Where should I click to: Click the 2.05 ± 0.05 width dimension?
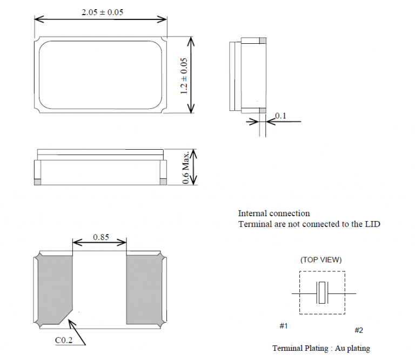coord(102,12)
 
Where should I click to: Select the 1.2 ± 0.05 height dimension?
coord(184,76)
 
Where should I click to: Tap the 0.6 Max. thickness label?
coord(186,167)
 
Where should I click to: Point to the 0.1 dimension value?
coord(280,116)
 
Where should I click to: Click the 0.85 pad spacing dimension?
coord(101,237)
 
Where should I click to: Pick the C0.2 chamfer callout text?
coord(64,340)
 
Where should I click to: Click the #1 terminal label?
coord(284,326)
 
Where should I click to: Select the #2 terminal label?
coord(359,330)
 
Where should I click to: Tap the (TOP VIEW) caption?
coord(321,259)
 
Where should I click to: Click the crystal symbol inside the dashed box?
coord(322,293)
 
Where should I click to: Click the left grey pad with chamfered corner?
coord(55,289)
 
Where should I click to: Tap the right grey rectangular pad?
coord(145,289)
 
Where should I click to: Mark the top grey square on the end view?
coord(263,41)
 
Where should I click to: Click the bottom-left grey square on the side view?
coord(38,182)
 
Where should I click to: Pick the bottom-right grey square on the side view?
coord(163,182)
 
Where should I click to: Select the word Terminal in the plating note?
coord(287,348)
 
